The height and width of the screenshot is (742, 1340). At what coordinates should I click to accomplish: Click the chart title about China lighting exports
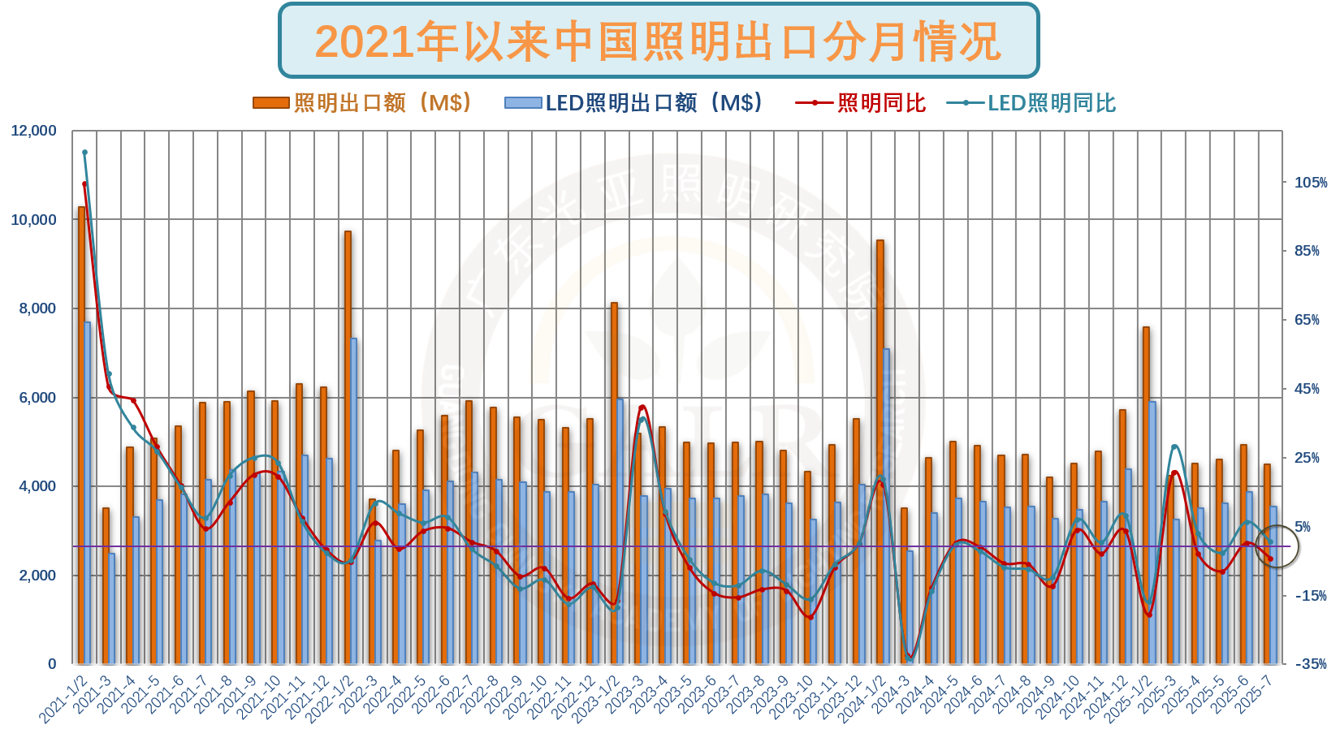[658, 41]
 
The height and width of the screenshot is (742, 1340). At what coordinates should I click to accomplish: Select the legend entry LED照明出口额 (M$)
[633, 103]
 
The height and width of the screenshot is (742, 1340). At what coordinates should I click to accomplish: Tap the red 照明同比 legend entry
[861, 103]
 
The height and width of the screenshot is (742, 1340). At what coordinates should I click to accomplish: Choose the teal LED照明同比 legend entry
[1031, 103]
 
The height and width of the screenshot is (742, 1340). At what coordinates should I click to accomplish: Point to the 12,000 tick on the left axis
[33, 131]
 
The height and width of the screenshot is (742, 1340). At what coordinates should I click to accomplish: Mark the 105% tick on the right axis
[1310, 183]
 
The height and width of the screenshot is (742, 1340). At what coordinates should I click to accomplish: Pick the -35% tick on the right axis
[1310, 664]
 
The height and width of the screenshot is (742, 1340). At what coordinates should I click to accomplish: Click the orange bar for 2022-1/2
[348, 446]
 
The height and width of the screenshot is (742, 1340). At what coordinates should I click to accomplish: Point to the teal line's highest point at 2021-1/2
[84, 152]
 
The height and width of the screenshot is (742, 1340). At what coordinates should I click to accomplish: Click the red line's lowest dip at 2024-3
[910, 656]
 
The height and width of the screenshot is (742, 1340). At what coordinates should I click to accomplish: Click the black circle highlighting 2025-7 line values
[1277, 546]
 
